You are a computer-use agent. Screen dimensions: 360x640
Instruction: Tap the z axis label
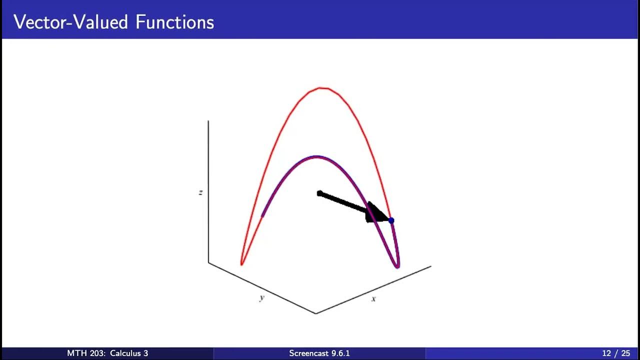point(200,192)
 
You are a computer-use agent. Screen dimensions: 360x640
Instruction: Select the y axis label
point(261,297)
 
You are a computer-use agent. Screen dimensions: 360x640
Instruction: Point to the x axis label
point(373,298)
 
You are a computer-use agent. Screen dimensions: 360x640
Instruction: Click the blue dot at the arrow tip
point(391,220)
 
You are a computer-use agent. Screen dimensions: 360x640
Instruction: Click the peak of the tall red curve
point(322,88)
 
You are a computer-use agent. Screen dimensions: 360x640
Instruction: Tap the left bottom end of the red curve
point(242,263)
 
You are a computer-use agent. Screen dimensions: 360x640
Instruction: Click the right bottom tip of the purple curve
point(397,266)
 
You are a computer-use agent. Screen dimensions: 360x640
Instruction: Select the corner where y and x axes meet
point(315,313)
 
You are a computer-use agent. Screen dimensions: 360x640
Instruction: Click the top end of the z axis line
point(208,121)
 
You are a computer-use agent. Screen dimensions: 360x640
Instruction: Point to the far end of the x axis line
point(430,266)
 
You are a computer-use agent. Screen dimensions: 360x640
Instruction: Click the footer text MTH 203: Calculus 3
point(107,353)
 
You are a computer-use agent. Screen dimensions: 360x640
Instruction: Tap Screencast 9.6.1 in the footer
point(319,353)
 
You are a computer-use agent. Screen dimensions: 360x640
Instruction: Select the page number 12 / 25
point(615,353)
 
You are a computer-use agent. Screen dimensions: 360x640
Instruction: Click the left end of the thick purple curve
point(262,216)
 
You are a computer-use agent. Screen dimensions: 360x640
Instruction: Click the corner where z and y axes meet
point(208,262)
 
